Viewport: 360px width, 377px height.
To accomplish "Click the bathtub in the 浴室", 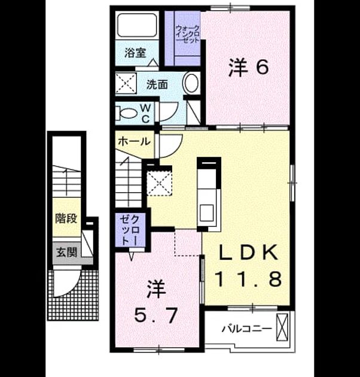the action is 137,25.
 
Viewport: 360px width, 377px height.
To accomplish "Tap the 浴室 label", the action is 135,53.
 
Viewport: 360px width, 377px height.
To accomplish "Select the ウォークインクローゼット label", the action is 187,34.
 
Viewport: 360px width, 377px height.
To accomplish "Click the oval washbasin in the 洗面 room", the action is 191,83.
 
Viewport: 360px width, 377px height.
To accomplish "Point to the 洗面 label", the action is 157,84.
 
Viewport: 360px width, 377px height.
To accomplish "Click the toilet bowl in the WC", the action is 127,113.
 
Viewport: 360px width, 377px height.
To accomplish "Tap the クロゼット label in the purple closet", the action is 130,230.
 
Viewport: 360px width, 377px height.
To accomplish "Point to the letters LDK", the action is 249,252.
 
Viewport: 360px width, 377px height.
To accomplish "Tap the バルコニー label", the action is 247,329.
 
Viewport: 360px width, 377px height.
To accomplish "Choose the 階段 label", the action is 66,218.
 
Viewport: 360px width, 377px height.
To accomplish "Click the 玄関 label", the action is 66,253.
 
